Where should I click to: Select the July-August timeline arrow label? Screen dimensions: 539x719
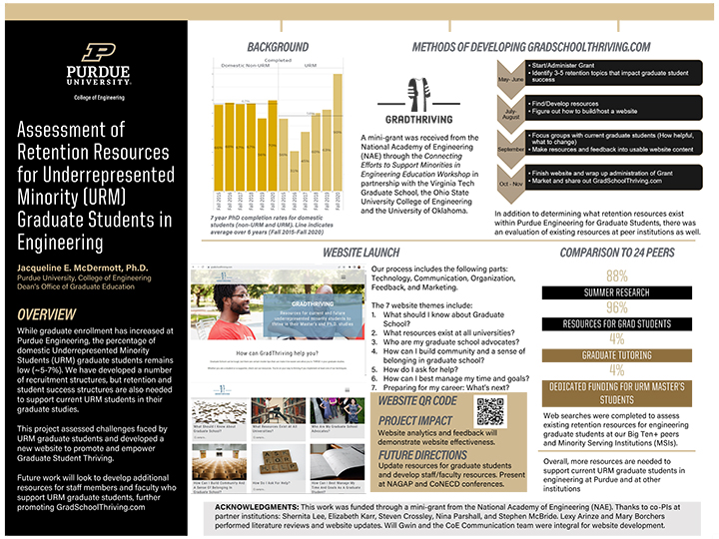511,113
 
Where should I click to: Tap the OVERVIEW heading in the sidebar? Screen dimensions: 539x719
48,287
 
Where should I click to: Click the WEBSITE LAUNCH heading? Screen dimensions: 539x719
361,254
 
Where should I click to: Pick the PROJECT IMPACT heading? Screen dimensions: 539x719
415,420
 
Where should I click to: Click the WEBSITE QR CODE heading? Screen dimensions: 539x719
417,400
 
